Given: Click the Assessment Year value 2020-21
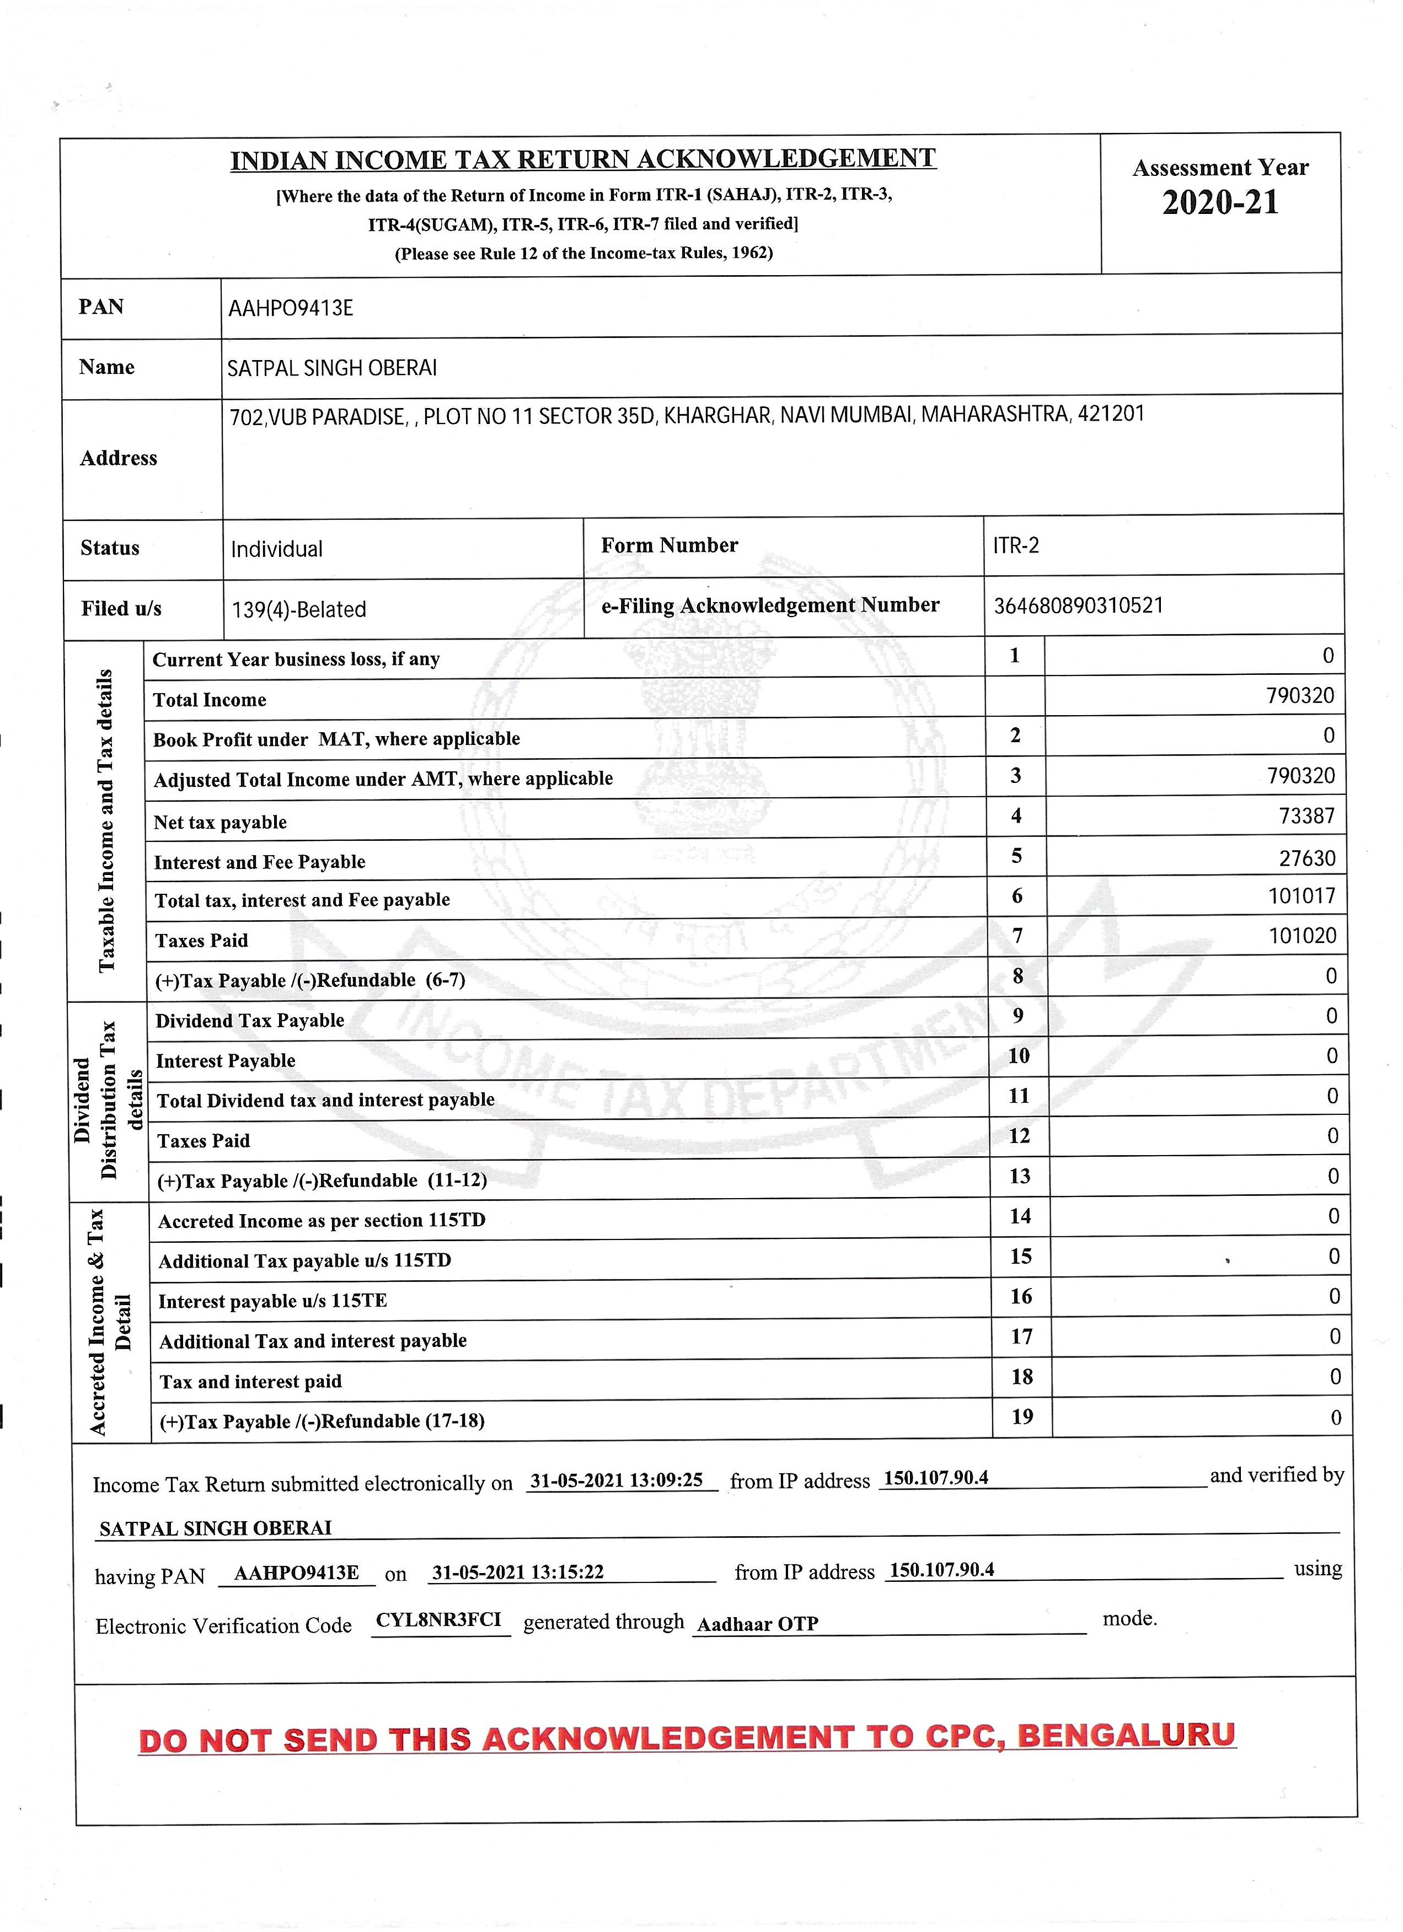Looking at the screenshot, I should click(x=1220, y=203).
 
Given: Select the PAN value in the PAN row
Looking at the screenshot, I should click(x=291, y=308).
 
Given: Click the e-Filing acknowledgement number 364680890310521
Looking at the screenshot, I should click(x=1078, y=605).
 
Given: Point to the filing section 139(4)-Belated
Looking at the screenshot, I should click(x=299, y=610).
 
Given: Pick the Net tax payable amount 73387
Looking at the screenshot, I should click(x=1306, y=816).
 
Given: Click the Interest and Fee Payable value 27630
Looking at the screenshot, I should click(x=1306, y=858).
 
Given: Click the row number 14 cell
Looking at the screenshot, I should click(x=1020, y=1216).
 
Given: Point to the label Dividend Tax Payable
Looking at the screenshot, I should click(x=250, y=1021).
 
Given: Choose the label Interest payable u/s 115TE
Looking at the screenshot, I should click(x=272, y=1301).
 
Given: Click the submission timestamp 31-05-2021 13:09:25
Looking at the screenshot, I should click(x=616, y=1480).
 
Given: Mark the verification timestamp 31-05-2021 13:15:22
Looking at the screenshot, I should click(x=518, y=1571).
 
